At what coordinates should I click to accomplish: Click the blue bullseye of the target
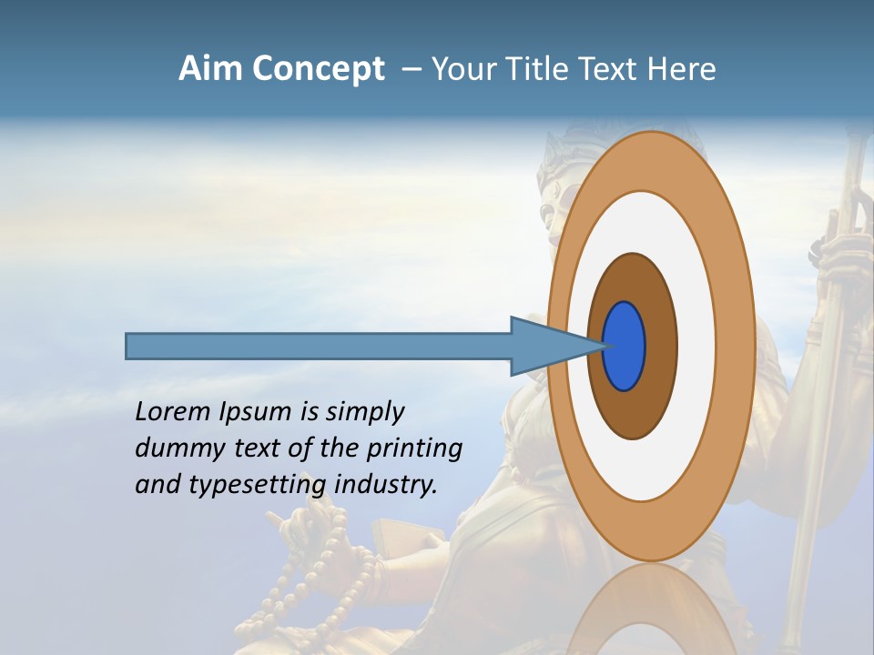click(624, 347)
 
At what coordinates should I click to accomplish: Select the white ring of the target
click(696, 347)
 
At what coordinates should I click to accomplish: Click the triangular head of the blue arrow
click(546, 347)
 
